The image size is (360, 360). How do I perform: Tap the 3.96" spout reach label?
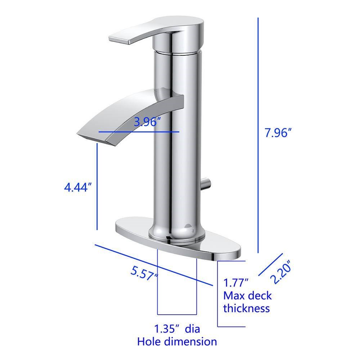(x=147, y=122)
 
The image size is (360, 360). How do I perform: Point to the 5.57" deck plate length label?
(x=144, y=273)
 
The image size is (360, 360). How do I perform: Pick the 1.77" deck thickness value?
(x=236, y=283)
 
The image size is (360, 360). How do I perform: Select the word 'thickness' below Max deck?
(x=246, y=309)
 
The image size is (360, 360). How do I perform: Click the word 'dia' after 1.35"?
(x=192, y=329)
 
